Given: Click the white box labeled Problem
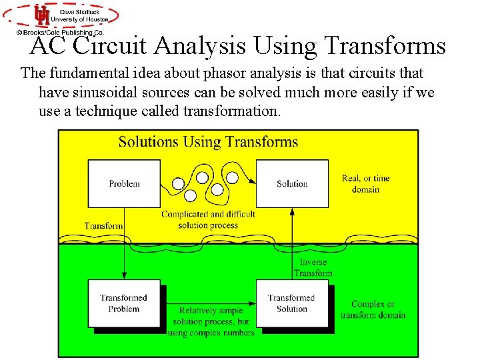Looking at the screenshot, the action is [125, 183].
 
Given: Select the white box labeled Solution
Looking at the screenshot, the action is [292, 183].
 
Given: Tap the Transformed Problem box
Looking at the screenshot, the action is [124, 303].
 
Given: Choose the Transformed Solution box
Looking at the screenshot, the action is [292, 303].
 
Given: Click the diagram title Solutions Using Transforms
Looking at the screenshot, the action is [208, 141].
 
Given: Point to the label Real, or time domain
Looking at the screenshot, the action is [365, 184].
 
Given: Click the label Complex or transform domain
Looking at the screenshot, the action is [373, 309].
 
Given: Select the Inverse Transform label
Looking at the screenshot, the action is [313, 267].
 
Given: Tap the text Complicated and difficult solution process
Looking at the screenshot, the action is [208, 219].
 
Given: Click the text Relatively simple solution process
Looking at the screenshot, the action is [211, 321].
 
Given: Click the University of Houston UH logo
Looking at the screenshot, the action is [41, 15].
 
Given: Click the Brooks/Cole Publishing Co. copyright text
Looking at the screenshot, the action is [60, 31].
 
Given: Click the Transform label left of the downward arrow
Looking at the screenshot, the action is [103, 225].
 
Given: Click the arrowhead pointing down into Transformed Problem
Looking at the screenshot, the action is [124, 275].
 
